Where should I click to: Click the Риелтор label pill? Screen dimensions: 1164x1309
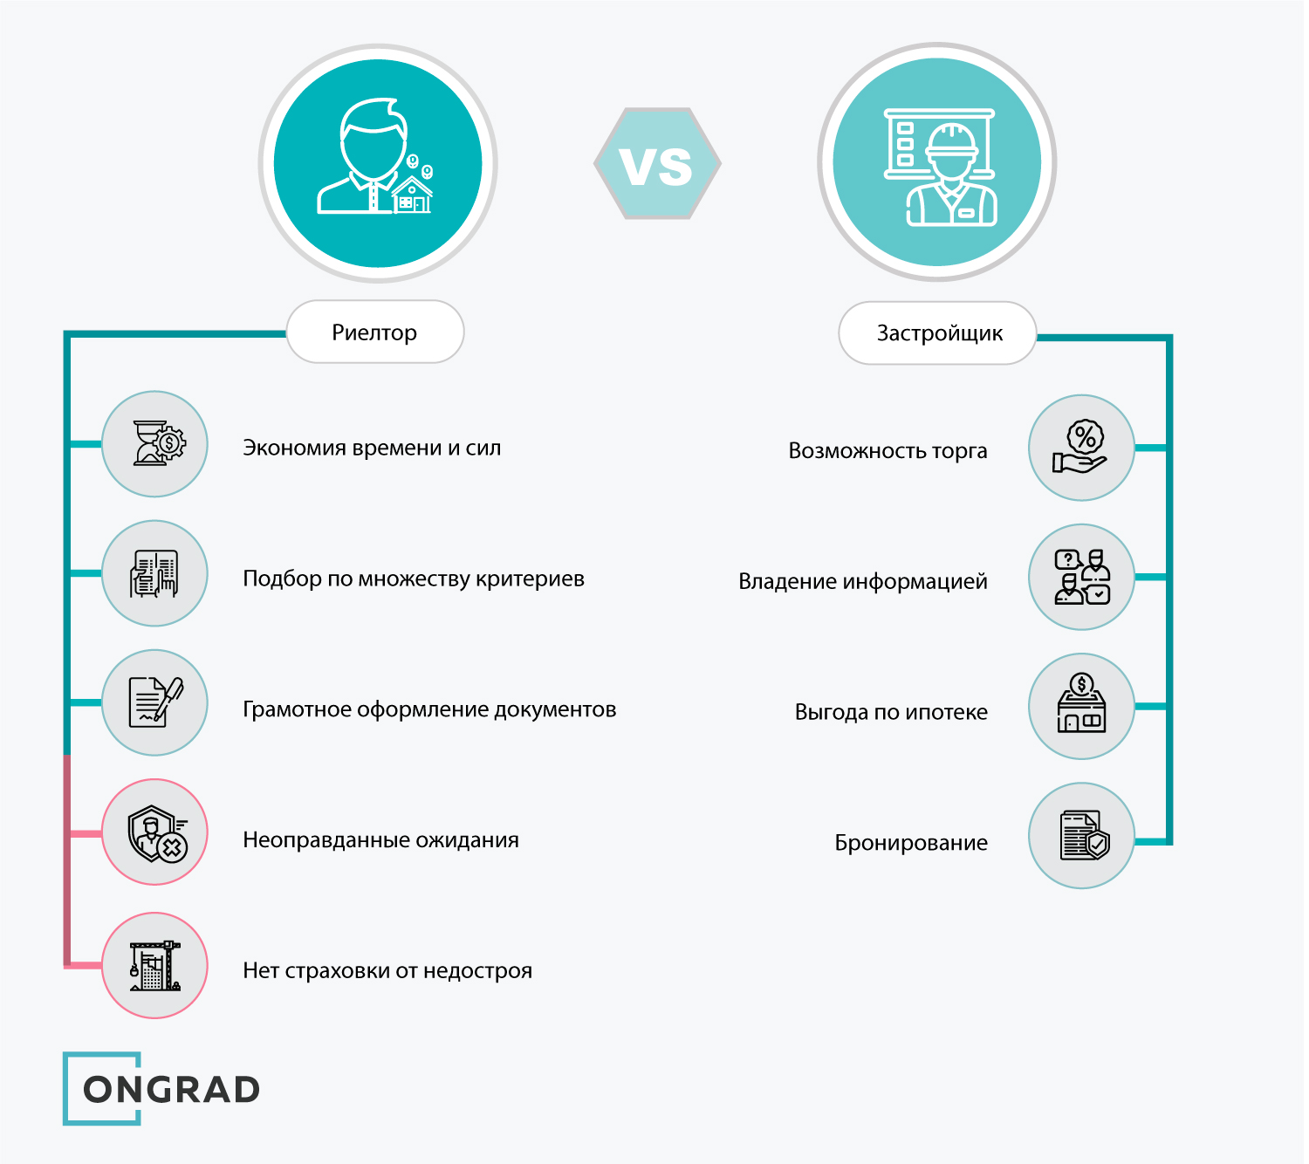point(375,332)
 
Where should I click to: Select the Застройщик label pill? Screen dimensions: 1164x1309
point(938,333)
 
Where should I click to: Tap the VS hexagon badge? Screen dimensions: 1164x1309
point(657,164)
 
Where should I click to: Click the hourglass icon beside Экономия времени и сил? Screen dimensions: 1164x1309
point(155,444)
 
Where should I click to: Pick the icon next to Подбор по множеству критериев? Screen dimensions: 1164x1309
point(155,573)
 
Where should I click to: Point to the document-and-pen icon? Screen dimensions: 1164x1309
point(155,702)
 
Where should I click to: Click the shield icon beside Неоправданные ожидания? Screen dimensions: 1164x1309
point(155,832)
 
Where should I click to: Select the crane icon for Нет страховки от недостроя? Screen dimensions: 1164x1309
point(155,965)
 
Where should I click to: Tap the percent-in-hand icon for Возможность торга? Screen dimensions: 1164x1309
point(1081,448)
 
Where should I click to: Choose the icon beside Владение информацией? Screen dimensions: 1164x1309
point(1081,577)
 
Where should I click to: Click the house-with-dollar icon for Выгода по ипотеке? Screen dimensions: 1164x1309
point(1081,706)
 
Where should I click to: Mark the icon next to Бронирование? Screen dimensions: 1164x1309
point(1081,836)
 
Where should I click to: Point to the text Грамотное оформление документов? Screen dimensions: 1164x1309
point(429,709)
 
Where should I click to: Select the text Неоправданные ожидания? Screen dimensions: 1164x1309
point(380,840)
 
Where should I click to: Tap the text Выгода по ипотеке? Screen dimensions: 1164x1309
point(891,712)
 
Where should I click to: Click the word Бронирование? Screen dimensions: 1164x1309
point(911,843)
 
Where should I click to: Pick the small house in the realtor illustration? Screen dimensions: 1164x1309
point(412,195)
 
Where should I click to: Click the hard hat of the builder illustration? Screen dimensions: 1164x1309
point(951,140)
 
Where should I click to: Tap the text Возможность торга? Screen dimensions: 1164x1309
point(888,451)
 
